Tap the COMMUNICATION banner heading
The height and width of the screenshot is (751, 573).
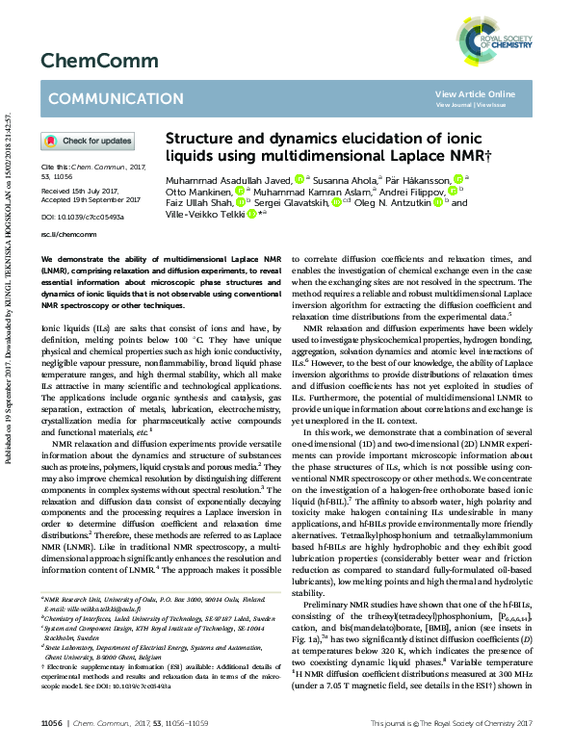(103, 99)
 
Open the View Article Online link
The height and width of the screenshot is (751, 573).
(475, 93)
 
